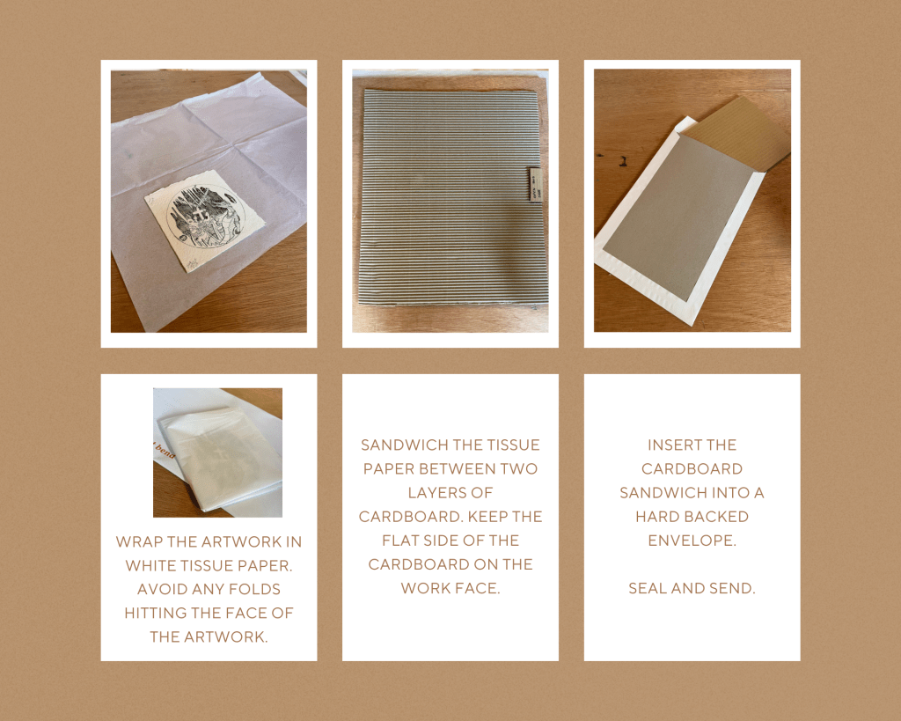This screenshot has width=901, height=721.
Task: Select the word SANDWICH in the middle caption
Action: coord(399,445)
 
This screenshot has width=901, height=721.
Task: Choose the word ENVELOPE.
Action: coord(692,541)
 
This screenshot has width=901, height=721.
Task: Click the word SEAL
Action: coord(648,588)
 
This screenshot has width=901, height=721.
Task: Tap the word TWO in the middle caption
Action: coord(518,469)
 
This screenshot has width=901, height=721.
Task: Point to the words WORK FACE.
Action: coord(450,588)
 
